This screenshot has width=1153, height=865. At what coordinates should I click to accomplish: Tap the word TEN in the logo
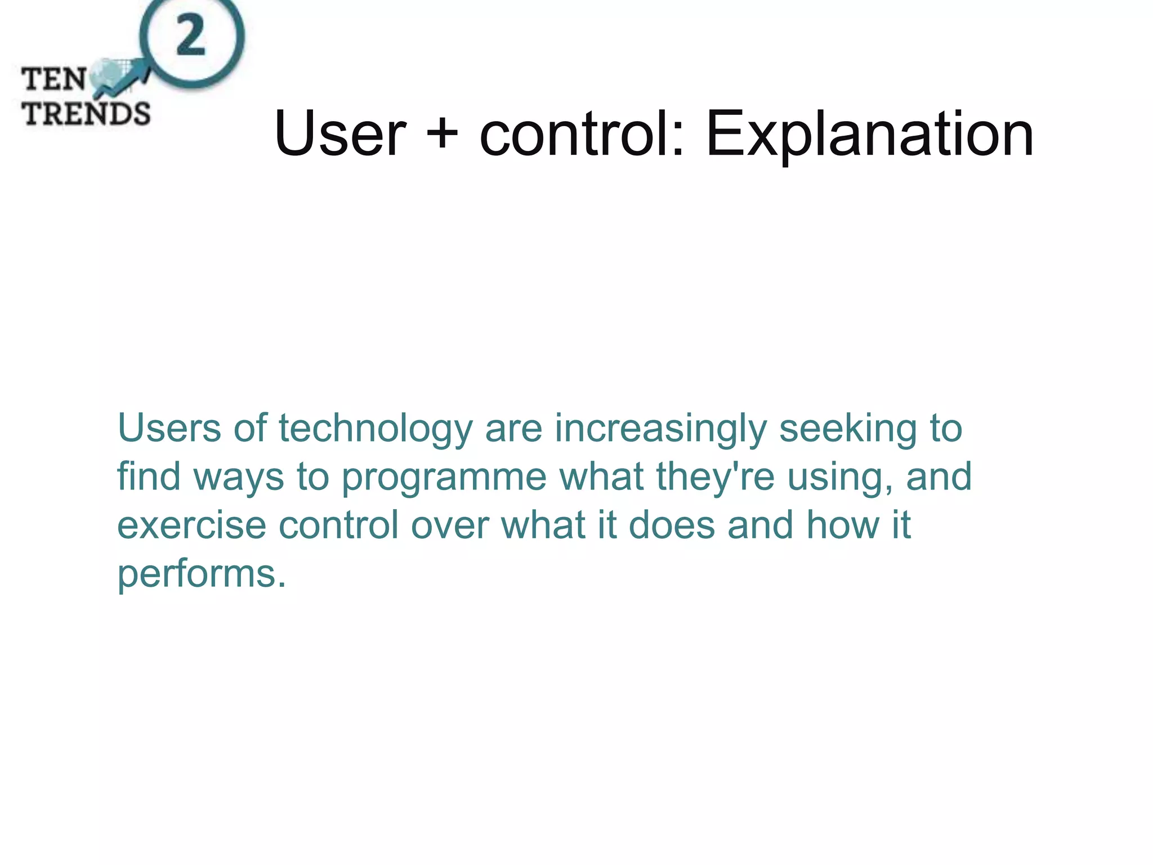(x=54, y=79)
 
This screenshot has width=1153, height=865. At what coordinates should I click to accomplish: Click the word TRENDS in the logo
(x=86, y=114)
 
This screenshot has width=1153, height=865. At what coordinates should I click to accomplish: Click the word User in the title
(x=339, y=134)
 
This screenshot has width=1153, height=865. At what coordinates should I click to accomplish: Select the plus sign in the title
(x=443, y=134)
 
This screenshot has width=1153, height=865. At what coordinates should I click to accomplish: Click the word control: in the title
(x=582, y=134)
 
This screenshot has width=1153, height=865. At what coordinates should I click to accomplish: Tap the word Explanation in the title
(x=869, y=134)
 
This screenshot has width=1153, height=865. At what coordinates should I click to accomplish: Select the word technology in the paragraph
(x=376, y=429)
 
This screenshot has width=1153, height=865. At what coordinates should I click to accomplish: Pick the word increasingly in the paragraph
(x=660, y=429)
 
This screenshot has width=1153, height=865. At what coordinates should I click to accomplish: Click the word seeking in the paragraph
(x=848, y=429)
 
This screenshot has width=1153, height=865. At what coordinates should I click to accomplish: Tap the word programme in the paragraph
(x=444, y=478)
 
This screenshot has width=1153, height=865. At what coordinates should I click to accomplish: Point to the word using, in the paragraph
(x=839, y=478)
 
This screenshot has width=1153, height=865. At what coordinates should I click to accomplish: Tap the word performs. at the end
(x=202, y=574)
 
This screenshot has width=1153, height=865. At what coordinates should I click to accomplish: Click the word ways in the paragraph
(x=239, y=478)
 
